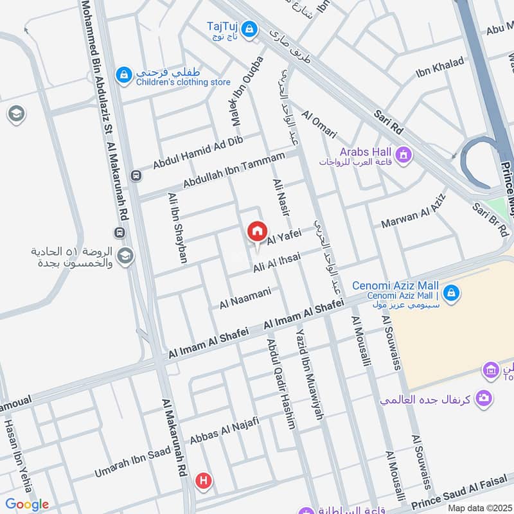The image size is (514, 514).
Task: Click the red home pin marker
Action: click(257, 232)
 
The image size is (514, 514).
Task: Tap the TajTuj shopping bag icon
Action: click(250, 29)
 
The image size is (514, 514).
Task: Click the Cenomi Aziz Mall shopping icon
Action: click(451, 292)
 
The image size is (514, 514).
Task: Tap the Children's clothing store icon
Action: click(123, 75)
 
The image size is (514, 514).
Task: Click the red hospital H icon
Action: click(204, 480)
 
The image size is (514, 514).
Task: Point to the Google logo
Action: click(27, 504)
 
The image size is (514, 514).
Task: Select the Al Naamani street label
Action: click(245, 297)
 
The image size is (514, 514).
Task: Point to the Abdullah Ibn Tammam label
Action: click(233, 170)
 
